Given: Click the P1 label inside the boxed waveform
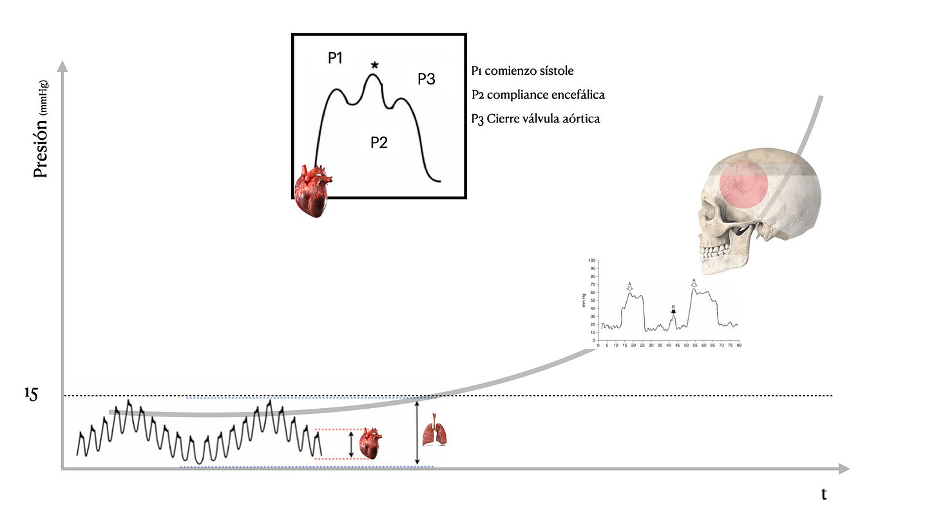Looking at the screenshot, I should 335,59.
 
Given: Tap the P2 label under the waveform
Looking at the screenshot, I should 379,142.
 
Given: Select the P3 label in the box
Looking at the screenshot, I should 426,79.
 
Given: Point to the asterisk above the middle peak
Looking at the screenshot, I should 374,65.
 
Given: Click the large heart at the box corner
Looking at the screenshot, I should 312,190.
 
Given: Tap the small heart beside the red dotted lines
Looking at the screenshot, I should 371,444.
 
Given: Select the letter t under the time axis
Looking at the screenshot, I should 823,494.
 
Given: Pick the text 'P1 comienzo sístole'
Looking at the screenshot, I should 522,71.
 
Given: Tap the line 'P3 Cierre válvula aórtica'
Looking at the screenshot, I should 535,119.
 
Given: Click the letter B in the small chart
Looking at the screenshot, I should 673,308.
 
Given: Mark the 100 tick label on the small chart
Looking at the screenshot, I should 593,261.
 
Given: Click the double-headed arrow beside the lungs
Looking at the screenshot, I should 417,432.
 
